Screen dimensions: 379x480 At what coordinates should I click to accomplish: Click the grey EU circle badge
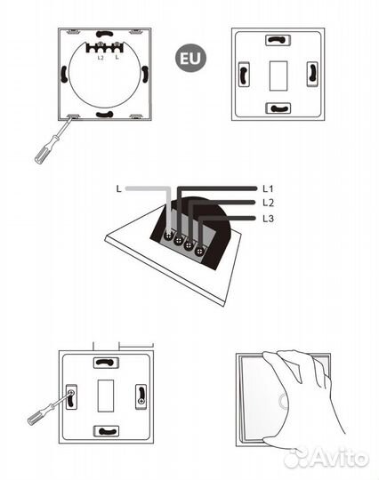pyautogui.click(x=190, y=58)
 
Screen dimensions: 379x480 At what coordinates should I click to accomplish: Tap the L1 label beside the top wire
pyautogui.click(x=268, y=188)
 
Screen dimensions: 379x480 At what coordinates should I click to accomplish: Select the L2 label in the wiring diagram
pyautogui.click(x=269, y=203)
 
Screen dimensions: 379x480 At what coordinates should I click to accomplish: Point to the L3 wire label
pyautogui.click(x=269, y=219)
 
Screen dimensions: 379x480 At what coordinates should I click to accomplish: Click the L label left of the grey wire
pyautogui.click(x=119, y=188)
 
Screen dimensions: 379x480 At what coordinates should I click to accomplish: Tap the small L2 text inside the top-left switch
pyautogui.click(x=101, y=58)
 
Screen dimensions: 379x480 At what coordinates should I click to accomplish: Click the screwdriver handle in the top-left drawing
pyautogui.click(x=44, y=151)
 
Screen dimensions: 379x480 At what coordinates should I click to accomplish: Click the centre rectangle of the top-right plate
pyautogui.click(x=278, y=76)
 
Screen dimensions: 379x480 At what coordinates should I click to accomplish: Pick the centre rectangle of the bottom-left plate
pyautogui.click(x=106, y=396)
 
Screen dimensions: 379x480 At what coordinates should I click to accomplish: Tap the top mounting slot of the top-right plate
pyautogui.click(x=278, y=40)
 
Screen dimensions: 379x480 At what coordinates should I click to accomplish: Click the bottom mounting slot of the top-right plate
pyautogui.click(x=278, y=108)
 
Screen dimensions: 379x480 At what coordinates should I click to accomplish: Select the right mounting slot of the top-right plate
pyautogui.click(x=312, y=75)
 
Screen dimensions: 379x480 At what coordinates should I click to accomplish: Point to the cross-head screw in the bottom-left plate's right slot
pyautogui.click(x=141, y=401)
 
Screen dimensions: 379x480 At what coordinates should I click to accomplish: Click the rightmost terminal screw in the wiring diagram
pyautogui.click(x=199, y=251)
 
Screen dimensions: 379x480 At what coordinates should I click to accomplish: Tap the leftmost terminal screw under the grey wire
pyautogui.click(x=168, y=236)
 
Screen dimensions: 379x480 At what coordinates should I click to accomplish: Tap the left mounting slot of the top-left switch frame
pyautogui.click(x=64, y=74)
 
